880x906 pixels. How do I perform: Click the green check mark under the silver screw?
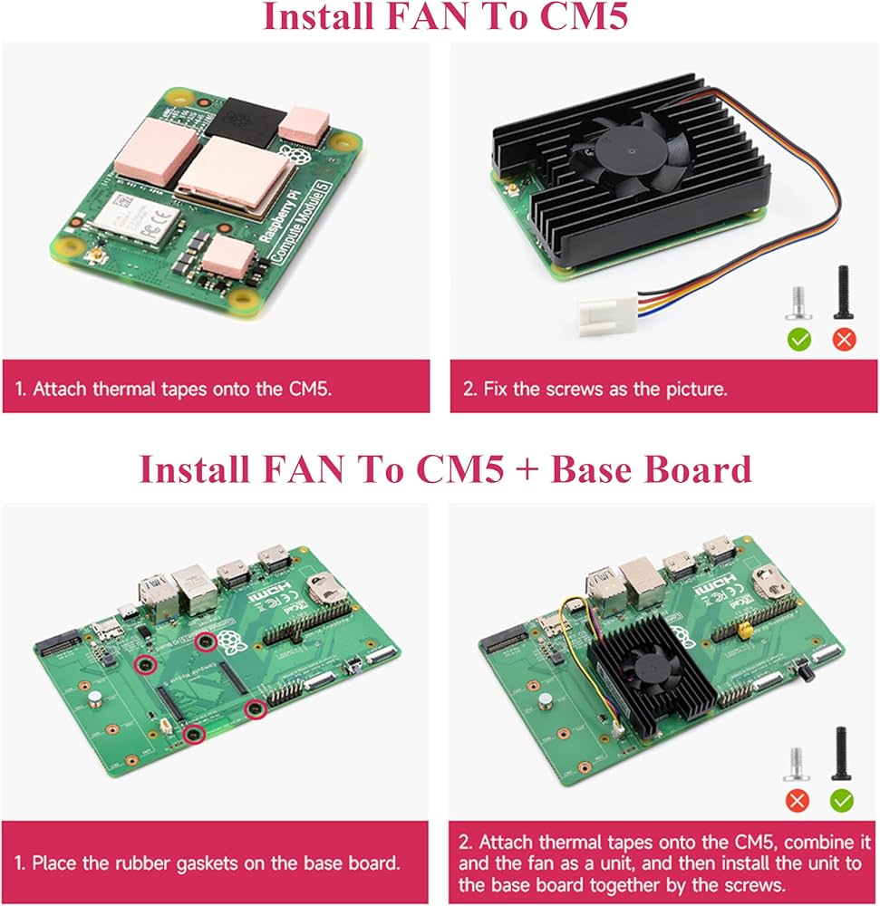coord(799,340)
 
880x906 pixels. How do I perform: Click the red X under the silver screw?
coord(798,800)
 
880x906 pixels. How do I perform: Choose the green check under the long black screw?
coord(843,800)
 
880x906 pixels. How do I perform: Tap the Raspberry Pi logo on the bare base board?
coord(235,645)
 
